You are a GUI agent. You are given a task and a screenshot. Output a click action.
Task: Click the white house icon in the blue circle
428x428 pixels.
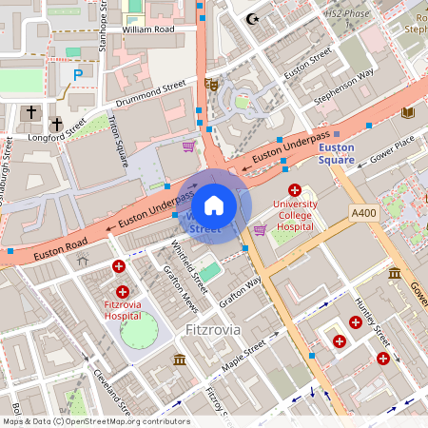pos(214,204)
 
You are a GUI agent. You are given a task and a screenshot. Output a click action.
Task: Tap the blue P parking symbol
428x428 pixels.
pos(78,74)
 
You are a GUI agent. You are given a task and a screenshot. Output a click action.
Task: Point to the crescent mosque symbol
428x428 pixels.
pos(252,18)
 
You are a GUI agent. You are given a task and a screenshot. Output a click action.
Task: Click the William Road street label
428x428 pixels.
pos(150,30)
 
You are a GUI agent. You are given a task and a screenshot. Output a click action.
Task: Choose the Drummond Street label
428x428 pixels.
pos(150,93)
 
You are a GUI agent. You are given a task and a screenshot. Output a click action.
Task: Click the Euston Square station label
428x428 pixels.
pos(336,154)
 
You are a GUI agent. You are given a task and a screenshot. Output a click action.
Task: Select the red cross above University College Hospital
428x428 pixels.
pos(295,190)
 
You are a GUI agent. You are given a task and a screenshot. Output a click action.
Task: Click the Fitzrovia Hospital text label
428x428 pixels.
pos(121,308)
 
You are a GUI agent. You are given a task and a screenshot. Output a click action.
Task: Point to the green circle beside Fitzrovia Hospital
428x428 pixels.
pos(140,330)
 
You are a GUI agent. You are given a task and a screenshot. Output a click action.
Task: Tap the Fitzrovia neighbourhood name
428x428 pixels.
pos(209,329)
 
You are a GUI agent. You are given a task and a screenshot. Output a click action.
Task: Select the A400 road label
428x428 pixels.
pos(362,214)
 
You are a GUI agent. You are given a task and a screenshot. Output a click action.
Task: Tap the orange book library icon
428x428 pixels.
pos(408,112)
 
